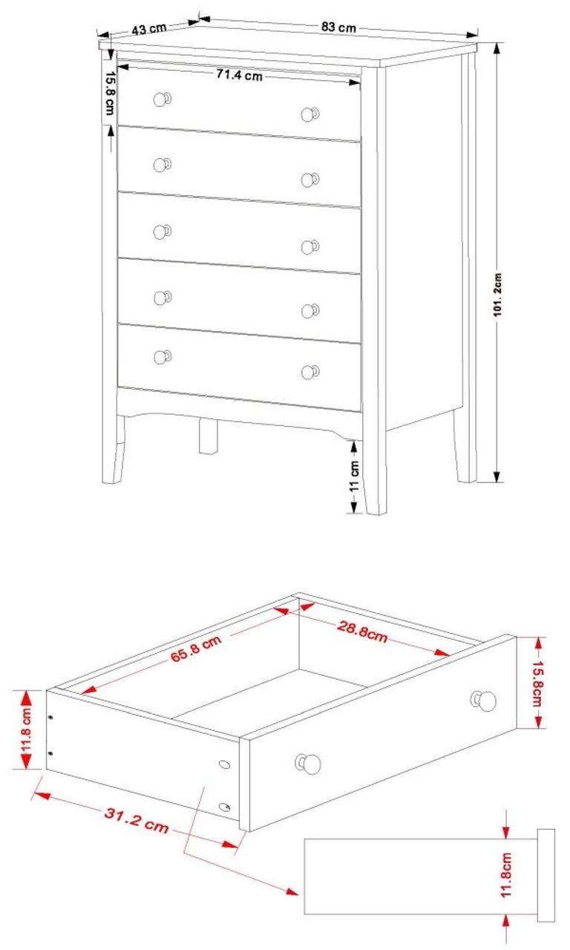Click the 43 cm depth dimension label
(148, 29)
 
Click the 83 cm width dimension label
(338, 27)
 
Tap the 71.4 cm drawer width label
(239, 75)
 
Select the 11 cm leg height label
(354, 476)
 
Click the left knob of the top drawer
(161, 99)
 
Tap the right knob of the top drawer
(309, 114)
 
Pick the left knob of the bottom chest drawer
(161, 357)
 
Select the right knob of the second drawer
(309, 180)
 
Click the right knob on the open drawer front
(485, 700)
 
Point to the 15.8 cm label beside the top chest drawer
(109, 92)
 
